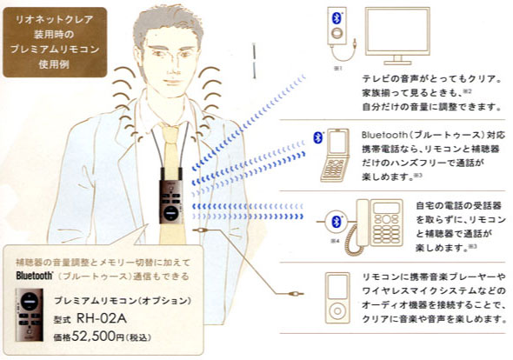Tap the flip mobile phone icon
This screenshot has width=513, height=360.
[x=335, y=156]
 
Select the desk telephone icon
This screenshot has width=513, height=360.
[x=371, y=222]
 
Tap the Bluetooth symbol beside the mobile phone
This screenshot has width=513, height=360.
[x=317, y=137]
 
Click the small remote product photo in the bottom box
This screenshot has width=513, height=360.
[x=31, y=317]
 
